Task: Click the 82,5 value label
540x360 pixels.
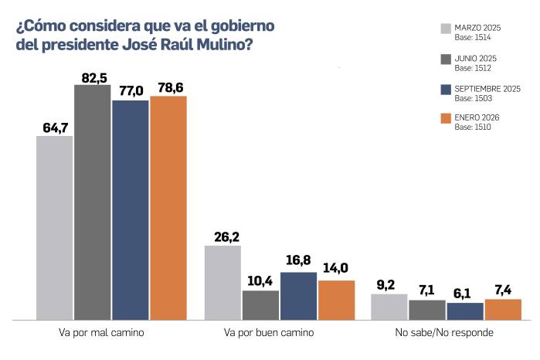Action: click(92, 76)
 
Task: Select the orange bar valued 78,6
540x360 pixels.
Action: click(168, 207)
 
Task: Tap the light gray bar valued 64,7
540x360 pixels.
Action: click(55, 227)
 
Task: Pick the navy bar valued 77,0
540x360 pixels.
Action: click(131, 209)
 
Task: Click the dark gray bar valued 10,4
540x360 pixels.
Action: click(260, 304)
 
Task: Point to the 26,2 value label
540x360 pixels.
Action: click(222, 237)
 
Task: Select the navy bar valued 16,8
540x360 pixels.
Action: click(298, 295)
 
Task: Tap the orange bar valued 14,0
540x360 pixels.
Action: click(336, 300)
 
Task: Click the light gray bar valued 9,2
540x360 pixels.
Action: click(389, 306)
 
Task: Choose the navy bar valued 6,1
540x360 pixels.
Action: click(465, 311)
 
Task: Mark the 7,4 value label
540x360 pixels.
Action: click(503, 290)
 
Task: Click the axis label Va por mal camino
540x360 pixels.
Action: click(112, 333)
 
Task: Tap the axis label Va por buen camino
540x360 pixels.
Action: click(279, 333)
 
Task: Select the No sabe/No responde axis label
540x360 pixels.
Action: click(446, 333)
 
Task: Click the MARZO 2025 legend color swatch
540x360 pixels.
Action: click(446, 29)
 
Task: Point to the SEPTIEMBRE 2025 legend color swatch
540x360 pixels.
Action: click(446, 89)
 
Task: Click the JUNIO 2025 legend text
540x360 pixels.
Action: click(476, 58)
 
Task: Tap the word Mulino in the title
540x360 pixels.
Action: click(222, 45)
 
